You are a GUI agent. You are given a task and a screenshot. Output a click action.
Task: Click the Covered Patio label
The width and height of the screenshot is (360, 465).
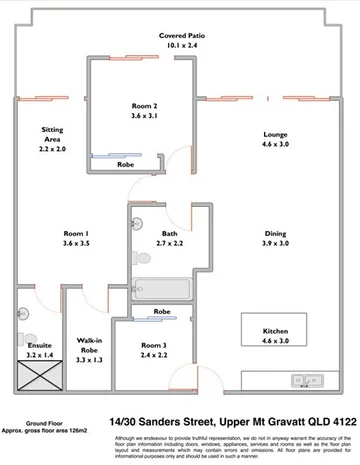point(183,35)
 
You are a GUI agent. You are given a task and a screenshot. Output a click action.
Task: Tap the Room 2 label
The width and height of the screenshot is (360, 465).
point(145,105)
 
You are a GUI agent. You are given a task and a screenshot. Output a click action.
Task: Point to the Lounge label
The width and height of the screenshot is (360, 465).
point(276,134)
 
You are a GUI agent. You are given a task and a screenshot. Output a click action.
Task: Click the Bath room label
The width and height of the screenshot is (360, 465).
point(167,233)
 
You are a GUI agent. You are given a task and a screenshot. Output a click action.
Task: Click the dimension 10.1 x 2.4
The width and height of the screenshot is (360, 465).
point(183,45)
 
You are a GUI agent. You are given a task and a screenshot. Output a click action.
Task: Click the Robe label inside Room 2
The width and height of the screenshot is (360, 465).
point(127,164)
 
